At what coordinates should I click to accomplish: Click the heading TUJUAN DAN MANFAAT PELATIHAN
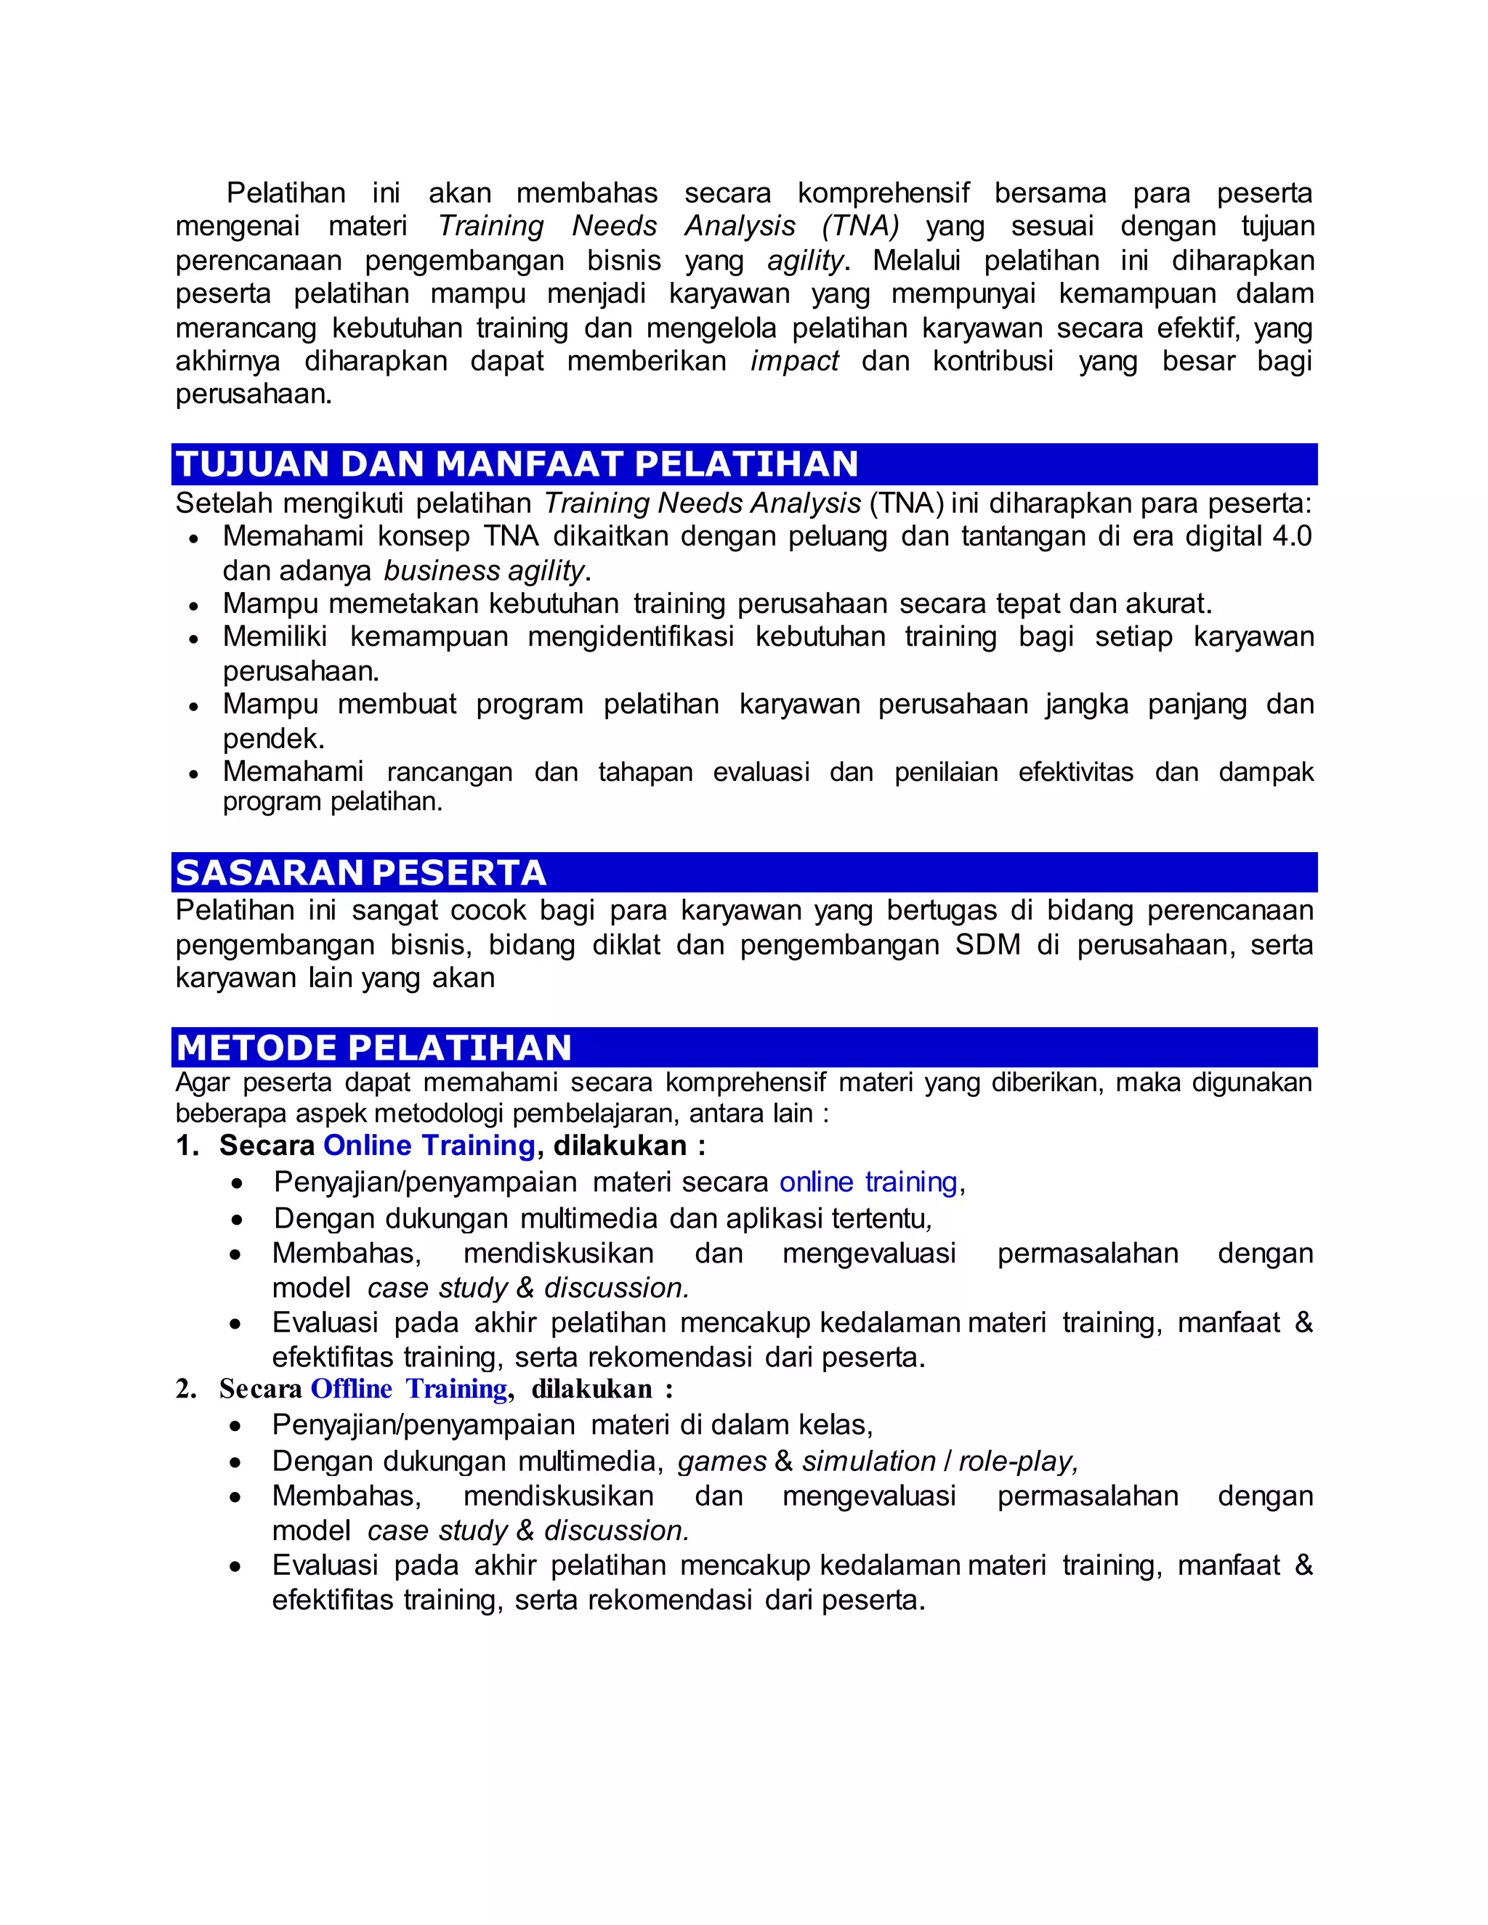517,464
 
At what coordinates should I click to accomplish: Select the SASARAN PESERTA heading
360,872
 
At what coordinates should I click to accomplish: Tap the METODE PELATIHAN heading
373,1048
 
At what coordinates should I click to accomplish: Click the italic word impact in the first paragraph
794,361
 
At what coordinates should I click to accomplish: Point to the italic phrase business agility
484,571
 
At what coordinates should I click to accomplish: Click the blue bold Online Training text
429,1145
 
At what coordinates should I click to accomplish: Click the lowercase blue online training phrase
868,1182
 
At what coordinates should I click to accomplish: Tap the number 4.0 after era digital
1291,536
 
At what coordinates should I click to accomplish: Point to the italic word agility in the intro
806,261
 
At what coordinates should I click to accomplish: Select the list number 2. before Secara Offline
186,1389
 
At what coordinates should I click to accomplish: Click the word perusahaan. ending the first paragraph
254,394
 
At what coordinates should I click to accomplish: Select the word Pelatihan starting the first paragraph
286,193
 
